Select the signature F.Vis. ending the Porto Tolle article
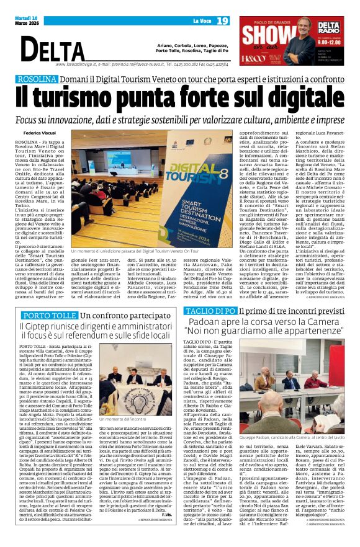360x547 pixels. click(x=166, y=515)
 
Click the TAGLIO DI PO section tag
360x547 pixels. click(x=210, y=310)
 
